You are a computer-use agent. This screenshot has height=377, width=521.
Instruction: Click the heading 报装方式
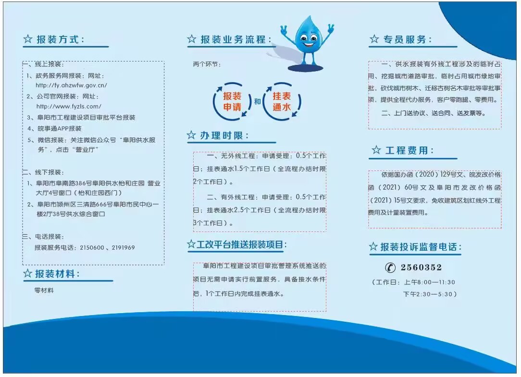coord(60,39)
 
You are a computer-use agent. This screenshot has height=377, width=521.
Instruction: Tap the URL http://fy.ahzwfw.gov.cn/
coord(71,85)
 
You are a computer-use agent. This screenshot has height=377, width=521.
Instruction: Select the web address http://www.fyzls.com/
coord(69,107)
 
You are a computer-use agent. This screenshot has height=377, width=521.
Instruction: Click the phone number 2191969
coord(124,248)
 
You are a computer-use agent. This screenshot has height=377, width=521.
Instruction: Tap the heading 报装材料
coord(57,274)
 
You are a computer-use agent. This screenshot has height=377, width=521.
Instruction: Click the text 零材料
coord(44,291)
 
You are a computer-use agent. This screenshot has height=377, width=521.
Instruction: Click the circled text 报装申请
coord(232,102)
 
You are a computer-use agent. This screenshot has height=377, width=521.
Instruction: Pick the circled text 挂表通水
coord(282,102)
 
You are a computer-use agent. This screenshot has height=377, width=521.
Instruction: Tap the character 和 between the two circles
coord(257,102)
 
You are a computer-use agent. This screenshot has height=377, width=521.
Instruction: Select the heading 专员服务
coord(407,39)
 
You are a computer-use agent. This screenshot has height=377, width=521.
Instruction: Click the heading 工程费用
coord(409,150)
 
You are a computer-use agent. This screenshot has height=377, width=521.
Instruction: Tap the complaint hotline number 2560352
coord(421,268)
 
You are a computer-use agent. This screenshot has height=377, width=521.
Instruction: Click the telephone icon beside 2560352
coord(390,268)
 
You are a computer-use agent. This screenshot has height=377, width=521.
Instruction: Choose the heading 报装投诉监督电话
coord(421,247)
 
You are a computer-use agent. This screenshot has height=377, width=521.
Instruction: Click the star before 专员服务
coord(374,39)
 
